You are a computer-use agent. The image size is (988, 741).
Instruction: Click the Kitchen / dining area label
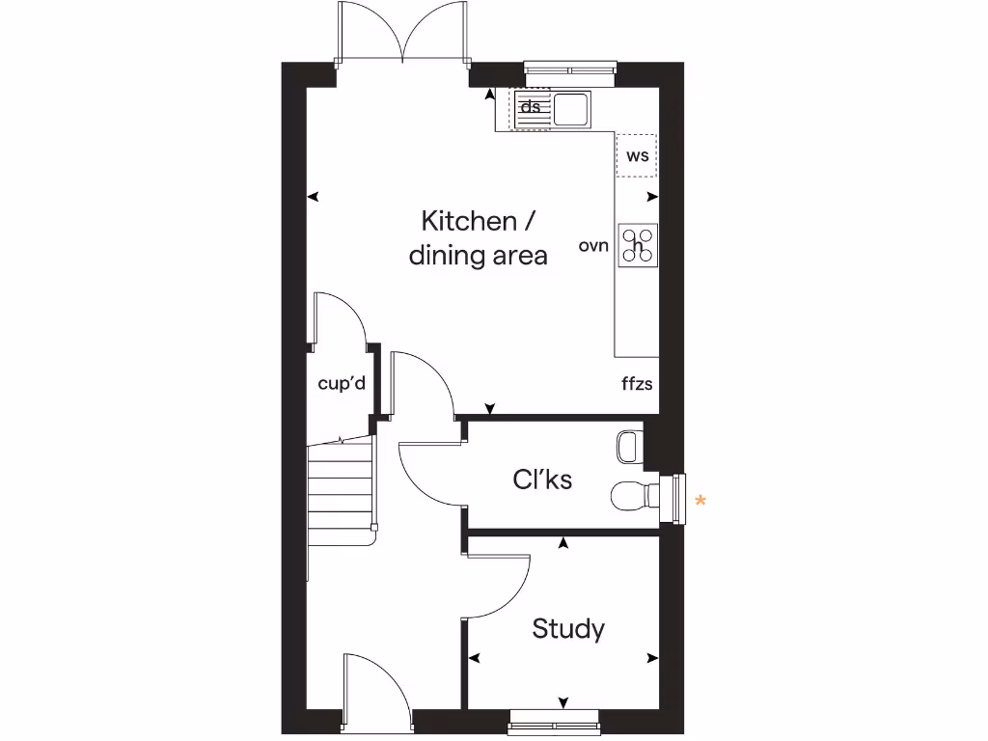click(x=478, y=238)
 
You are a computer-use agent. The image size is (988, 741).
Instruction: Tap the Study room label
click(x=568, y=629)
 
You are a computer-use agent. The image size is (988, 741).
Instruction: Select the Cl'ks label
click(x=542, y=479)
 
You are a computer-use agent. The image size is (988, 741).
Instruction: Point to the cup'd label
click(x=342, y=383)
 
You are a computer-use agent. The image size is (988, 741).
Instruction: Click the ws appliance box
click(x=637, y=155)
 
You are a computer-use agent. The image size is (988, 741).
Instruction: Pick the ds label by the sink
click(x=531, y=107)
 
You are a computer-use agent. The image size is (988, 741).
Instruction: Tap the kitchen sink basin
click(x=570, y=109)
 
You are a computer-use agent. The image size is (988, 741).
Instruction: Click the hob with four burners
click(x=638, y=246)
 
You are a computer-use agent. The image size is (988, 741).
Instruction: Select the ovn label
click(x=593, y=246)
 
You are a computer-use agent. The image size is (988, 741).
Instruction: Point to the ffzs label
click(x=637, y=384)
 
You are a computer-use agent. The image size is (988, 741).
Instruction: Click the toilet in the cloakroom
click(x=632, y=496)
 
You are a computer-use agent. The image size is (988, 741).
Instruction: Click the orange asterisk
click(x=701, y=500)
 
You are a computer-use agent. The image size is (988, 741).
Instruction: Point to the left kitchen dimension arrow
click(x=313, y=197)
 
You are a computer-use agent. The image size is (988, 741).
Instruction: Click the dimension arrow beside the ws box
click(x=653, y=197)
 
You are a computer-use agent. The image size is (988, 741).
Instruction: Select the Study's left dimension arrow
click(x=474, y=658)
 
